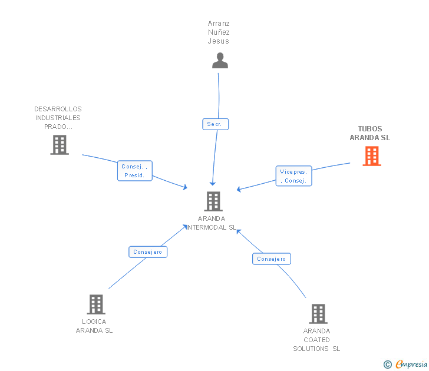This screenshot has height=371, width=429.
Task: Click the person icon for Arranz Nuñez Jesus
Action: click(x=220, y=60)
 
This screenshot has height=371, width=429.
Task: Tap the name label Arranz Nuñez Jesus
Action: click(x=219, y=32)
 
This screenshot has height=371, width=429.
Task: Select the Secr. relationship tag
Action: click(x=214, y=124)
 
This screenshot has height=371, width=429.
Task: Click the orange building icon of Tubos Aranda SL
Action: click(x=371, y=156)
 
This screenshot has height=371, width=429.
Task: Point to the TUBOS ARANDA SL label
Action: click(x=370, y=133)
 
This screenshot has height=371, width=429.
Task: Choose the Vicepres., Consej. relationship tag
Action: click(x=293, y=176)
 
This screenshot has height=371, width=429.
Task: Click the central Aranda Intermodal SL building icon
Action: click(x=213, y=201)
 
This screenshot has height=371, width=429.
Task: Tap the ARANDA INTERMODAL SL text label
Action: click(x=212, y=223)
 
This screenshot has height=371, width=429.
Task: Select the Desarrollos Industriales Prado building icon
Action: click(x=60, y=145)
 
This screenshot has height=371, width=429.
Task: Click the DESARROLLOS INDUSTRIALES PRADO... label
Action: click(x=58, y=118)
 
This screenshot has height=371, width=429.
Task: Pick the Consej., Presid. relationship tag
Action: click(x=135, y=171)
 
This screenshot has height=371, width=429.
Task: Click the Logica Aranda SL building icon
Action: click(x=95, y=304)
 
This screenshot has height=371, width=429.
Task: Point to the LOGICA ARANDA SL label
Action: click(x=94, y=326)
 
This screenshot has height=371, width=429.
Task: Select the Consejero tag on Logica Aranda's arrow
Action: click(x=148, y=252)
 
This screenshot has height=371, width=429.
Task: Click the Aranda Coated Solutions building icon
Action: click(x=318, y=314)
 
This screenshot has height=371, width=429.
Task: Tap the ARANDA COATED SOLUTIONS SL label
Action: click(x=317, y=340)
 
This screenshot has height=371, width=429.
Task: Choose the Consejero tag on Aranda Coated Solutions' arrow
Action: click(x=272, y=259)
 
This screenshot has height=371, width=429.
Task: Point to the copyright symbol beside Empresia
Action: click(x=388, y=365)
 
